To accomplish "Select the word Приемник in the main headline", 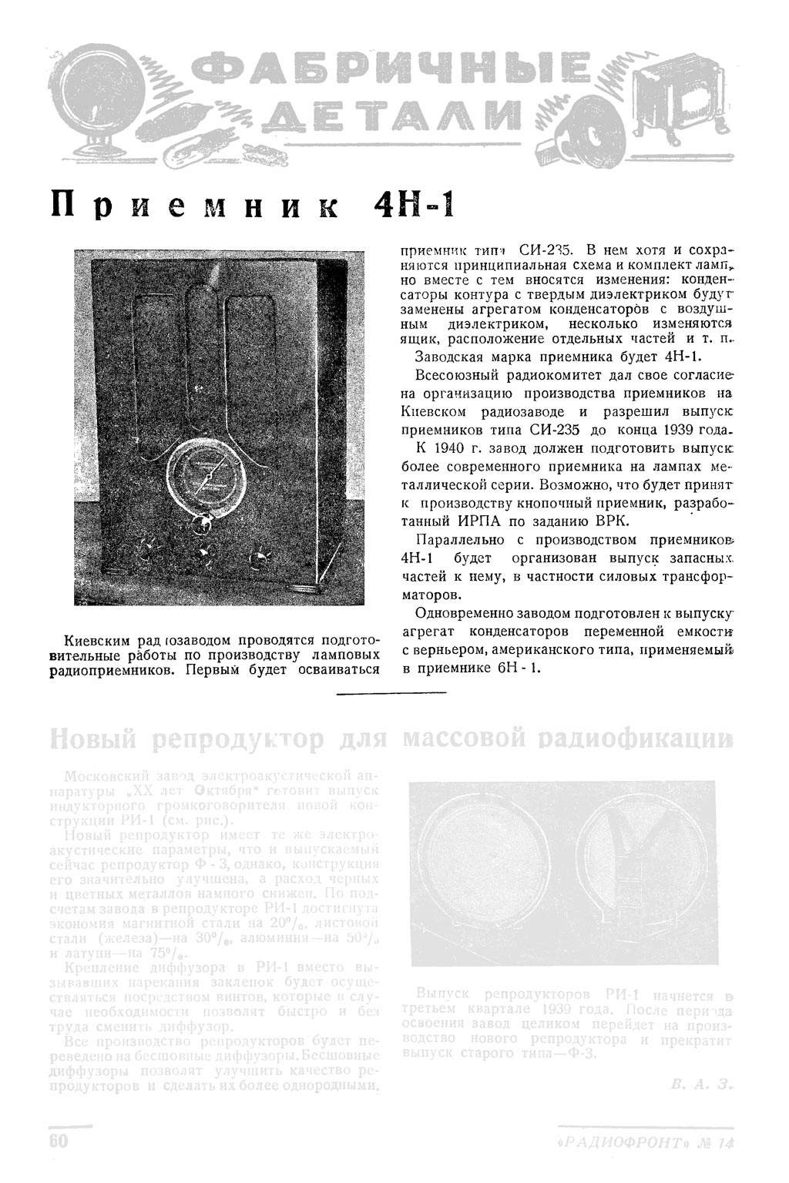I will pyautogui.click(x=185, y=207).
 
